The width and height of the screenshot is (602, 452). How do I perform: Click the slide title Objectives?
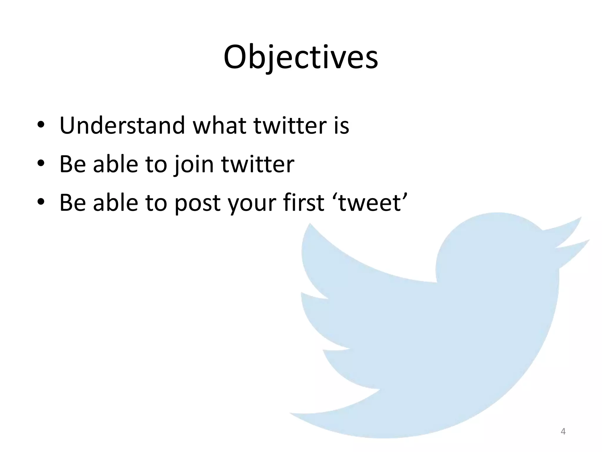click(301, 57)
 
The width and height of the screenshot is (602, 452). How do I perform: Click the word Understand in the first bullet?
click(122, 126)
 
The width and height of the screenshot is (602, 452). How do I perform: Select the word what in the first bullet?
click(219, 126)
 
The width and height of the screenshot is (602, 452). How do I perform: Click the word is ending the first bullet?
click(341, 126)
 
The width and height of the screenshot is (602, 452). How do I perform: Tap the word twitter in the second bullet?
click(257, 164)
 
